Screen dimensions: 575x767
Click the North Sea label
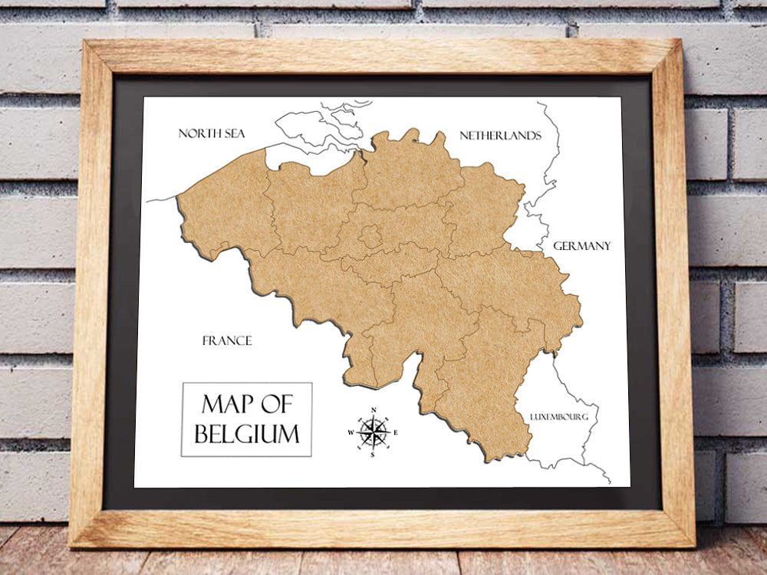(211, 133)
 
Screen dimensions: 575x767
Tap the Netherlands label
(500, 136)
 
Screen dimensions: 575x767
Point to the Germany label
(582, 246)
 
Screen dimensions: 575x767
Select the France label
(227, 340)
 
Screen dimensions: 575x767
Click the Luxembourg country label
(559, 417)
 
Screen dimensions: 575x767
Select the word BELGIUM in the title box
(247, 434)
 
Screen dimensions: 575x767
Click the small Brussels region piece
(370, 235)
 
